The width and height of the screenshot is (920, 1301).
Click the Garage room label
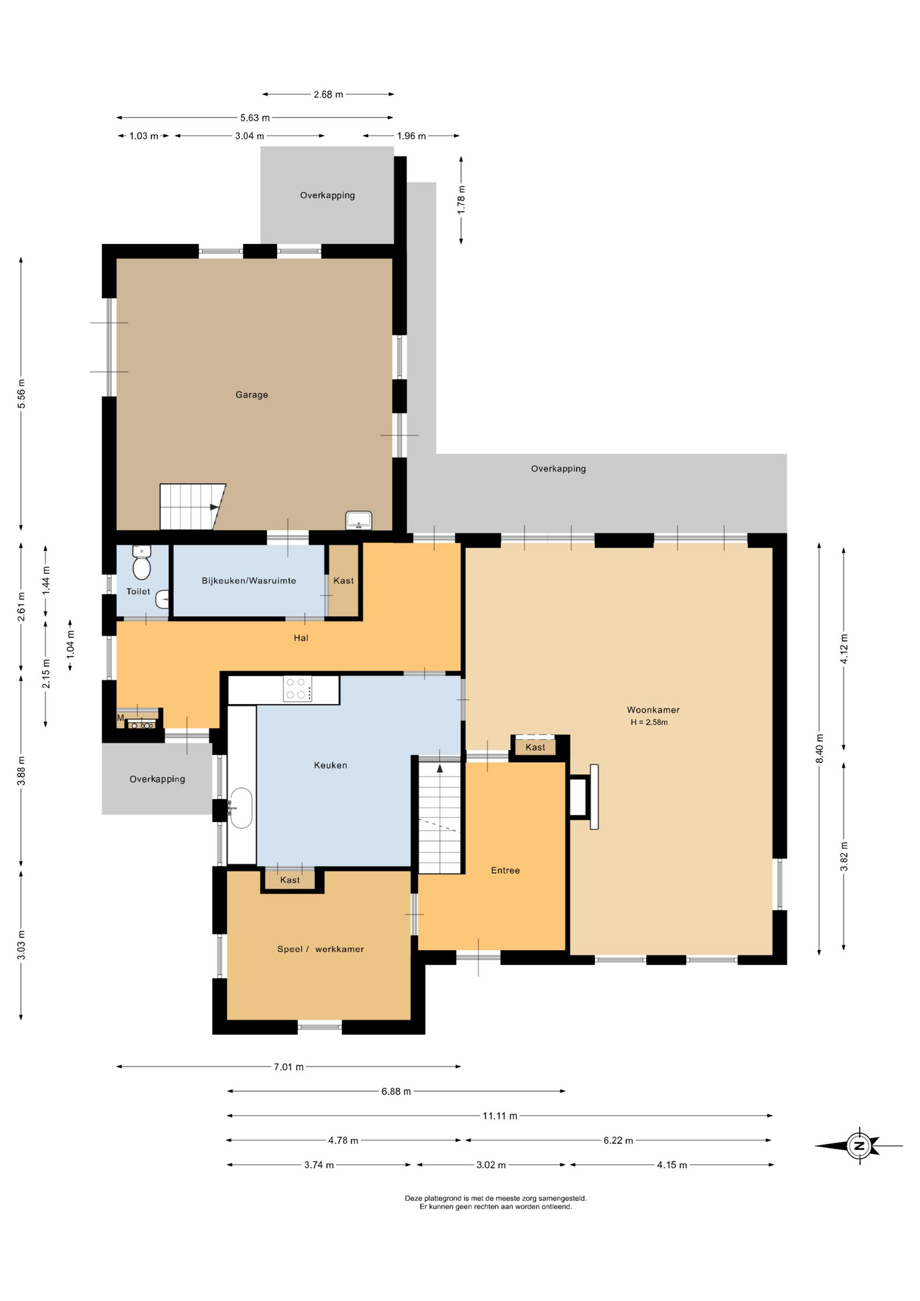coord(251,394)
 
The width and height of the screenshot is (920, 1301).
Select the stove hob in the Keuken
coord(297,689)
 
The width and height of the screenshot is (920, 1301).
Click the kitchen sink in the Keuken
coord(241,808)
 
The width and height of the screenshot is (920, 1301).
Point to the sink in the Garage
coord(358,520)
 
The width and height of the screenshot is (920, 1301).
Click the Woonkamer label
coord(653,709)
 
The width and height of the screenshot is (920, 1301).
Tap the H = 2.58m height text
coord(649,722)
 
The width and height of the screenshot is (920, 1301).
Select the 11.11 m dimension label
coord(500,1115)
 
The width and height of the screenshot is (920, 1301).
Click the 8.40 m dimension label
coord(819,748)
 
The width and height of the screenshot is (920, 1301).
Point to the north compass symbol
coord(859,1146)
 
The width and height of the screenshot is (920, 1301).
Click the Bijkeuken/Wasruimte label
coord(249,581)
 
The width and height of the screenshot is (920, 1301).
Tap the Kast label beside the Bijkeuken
coord(343,581)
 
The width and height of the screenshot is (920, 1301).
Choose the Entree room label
coord(505,870)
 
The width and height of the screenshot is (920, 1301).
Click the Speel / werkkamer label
coord(320,949)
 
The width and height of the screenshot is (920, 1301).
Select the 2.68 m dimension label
coord(328,94)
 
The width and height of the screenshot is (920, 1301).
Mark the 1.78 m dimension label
coord(461,200)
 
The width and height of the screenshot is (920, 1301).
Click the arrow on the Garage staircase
coord(215,507)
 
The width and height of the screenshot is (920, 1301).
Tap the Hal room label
coord(301,638)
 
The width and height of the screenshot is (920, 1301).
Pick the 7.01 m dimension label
coord(289,1067)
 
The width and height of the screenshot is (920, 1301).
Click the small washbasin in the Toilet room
coord(163,599)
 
